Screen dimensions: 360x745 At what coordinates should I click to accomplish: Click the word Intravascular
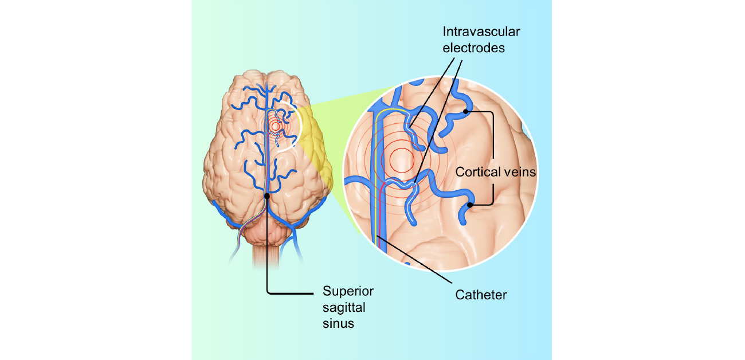point(481,32)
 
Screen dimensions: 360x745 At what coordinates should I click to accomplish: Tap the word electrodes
point(477,48)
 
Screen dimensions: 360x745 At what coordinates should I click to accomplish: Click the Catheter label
point(481,295)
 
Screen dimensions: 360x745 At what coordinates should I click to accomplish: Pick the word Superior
point(347,291)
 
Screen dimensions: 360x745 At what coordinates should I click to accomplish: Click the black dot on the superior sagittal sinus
point(268,196)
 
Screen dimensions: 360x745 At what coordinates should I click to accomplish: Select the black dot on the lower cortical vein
point(470,205)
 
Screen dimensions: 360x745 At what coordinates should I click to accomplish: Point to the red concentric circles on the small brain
point(276,126)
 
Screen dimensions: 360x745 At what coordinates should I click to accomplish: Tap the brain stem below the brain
point(268,252)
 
